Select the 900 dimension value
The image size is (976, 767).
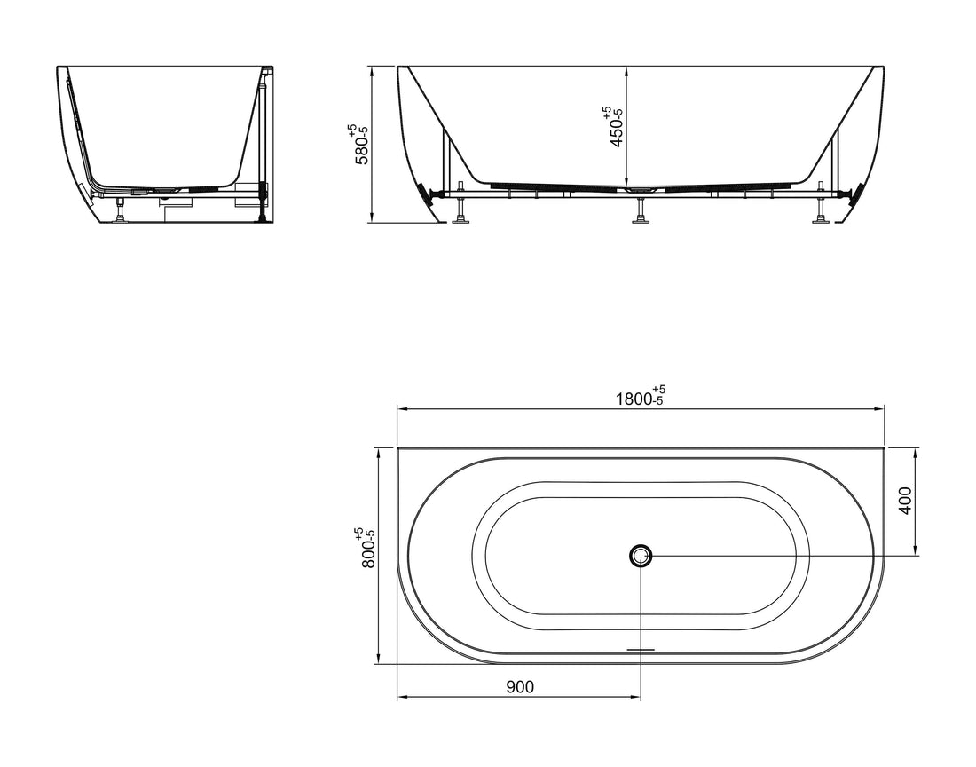coord(520,686)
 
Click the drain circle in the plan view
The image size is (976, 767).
coord(641,557)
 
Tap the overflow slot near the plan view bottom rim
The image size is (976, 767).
coord(641,649)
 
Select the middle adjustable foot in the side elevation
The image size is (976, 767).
coord(640,213)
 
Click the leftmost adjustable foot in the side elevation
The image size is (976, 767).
coord(460,213)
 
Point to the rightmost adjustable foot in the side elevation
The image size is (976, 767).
coord(821,213)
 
